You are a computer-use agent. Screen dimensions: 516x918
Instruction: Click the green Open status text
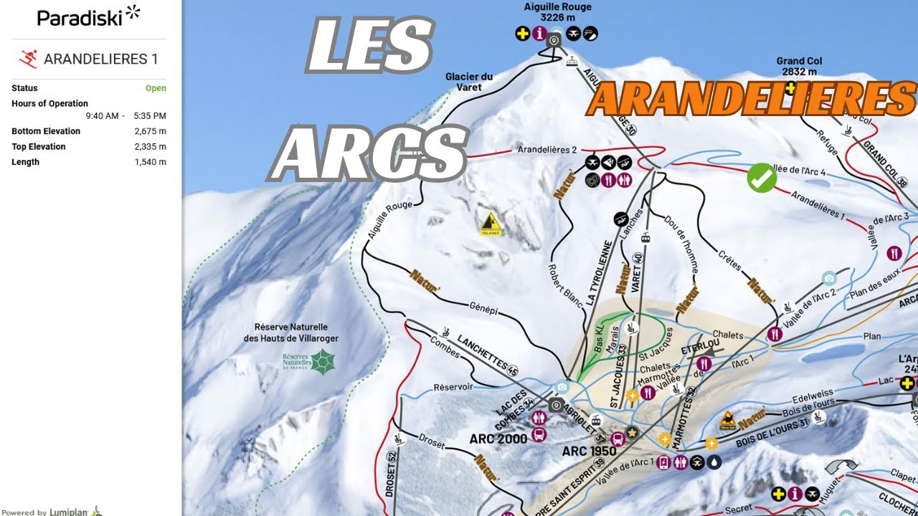156,88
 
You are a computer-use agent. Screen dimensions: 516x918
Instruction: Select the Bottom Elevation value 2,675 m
150,131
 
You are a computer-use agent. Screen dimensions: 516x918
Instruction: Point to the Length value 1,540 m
150,162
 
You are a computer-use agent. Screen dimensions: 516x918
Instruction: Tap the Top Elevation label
39,147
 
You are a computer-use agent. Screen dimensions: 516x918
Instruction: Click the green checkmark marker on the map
762,178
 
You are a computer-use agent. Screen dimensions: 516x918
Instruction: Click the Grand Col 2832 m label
799,66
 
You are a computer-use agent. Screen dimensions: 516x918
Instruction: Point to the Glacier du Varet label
469,82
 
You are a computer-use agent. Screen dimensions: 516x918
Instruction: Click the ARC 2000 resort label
498,439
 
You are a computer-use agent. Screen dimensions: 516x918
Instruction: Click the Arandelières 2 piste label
547,150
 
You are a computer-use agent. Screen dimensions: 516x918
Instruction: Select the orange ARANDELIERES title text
750,99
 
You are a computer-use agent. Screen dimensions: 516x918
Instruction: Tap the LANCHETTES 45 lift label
486,353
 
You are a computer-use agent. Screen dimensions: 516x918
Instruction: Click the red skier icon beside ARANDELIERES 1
29,59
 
